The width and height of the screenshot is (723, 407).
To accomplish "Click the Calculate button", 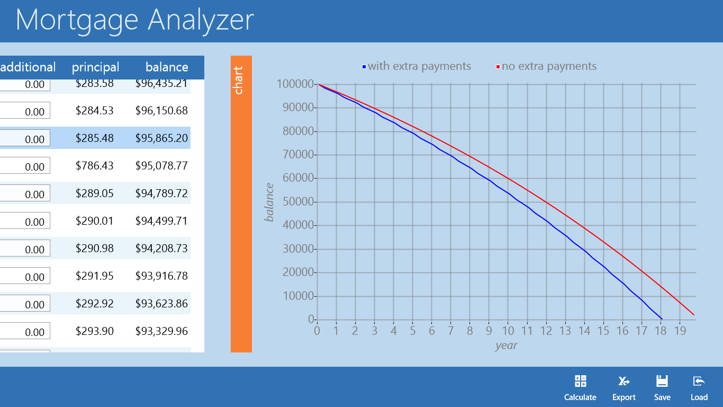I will [x=580, y=388].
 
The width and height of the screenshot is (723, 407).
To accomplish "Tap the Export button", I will [x=624, y=388].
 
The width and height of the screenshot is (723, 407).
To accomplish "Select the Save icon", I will [x=662, y=388].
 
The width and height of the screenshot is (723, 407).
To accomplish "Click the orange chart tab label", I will [x=239, y=81].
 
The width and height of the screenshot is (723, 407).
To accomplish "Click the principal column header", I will [x=96, y=67].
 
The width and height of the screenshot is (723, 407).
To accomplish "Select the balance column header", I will [x=167, y=67].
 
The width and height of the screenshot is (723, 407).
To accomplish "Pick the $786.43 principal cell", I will [x=95, y=166].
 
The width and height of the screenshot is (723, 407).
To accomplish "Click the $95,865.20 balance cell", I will [x=161, y=138].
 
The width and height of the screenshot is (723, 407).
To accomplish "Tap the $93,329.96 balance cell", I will [x=161, y=331].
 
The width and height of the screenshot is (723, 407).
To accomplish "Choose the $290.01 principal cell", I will [x=95, y=221].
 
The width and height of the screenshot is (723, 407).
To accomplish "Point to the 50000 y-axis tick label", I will [x=295, y=202].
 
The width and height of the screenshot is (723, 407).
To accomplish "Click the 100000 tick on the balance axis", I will [x=294, y=84].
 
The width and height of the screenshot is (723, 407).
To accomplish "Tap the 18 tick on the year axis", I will [x=661, y=331].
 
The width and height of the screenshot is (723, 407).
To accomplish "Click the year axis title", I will [x=506, y=346].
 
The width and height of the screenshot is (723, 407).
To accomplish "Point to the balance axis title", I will [x=270, y=202].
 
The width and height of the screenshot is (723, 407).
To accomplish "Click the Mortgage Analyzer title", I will [x=135, y=20].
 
